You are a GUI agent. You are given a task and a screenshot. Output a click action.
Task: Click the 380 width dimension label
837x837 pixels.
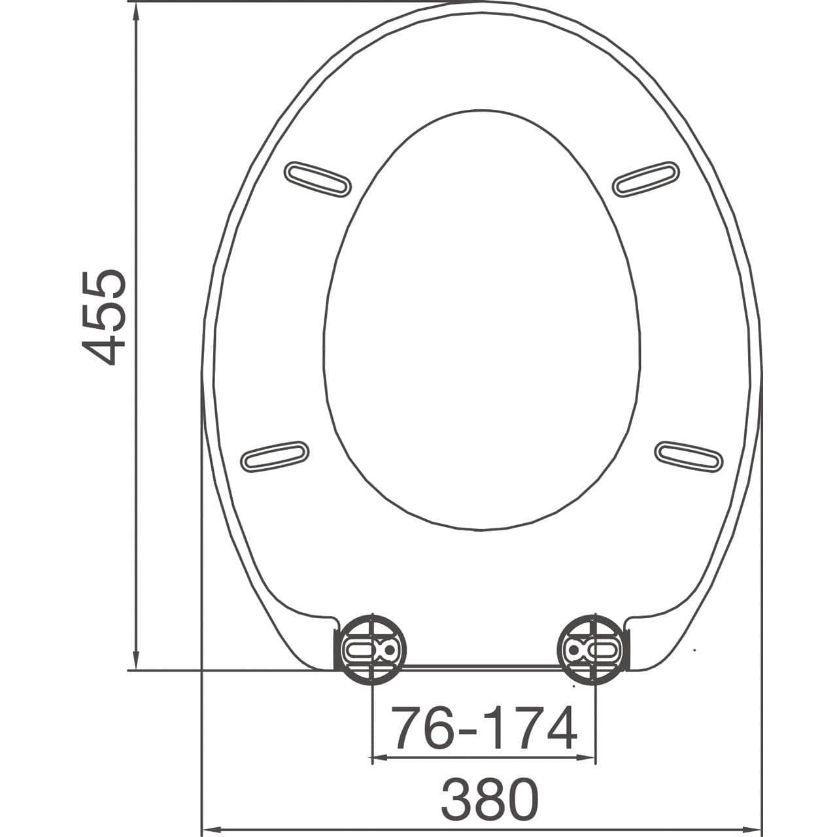490,798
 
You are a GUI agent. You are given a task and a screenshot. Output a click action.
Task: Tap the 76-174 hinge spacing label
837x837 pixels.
484,728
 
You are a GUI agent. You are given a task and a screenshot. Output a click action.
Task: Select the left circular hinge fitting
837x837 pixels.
371,649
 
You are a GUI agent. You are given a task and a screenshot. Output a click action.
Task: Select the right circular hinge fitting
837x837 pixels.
592,649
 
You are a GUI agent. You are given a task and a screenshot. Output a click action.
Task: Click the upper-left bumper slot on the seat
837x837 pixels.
318,179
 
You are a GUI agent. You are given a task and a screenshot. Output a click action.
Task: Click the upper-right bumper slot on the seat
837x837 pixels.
646,179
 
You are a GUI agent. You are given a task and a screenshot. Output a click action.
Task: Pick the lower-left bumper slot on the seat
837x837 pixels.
275,456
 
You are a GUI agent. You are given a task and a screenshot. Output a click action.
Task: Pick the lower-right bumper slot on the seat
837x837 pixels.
689,456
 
